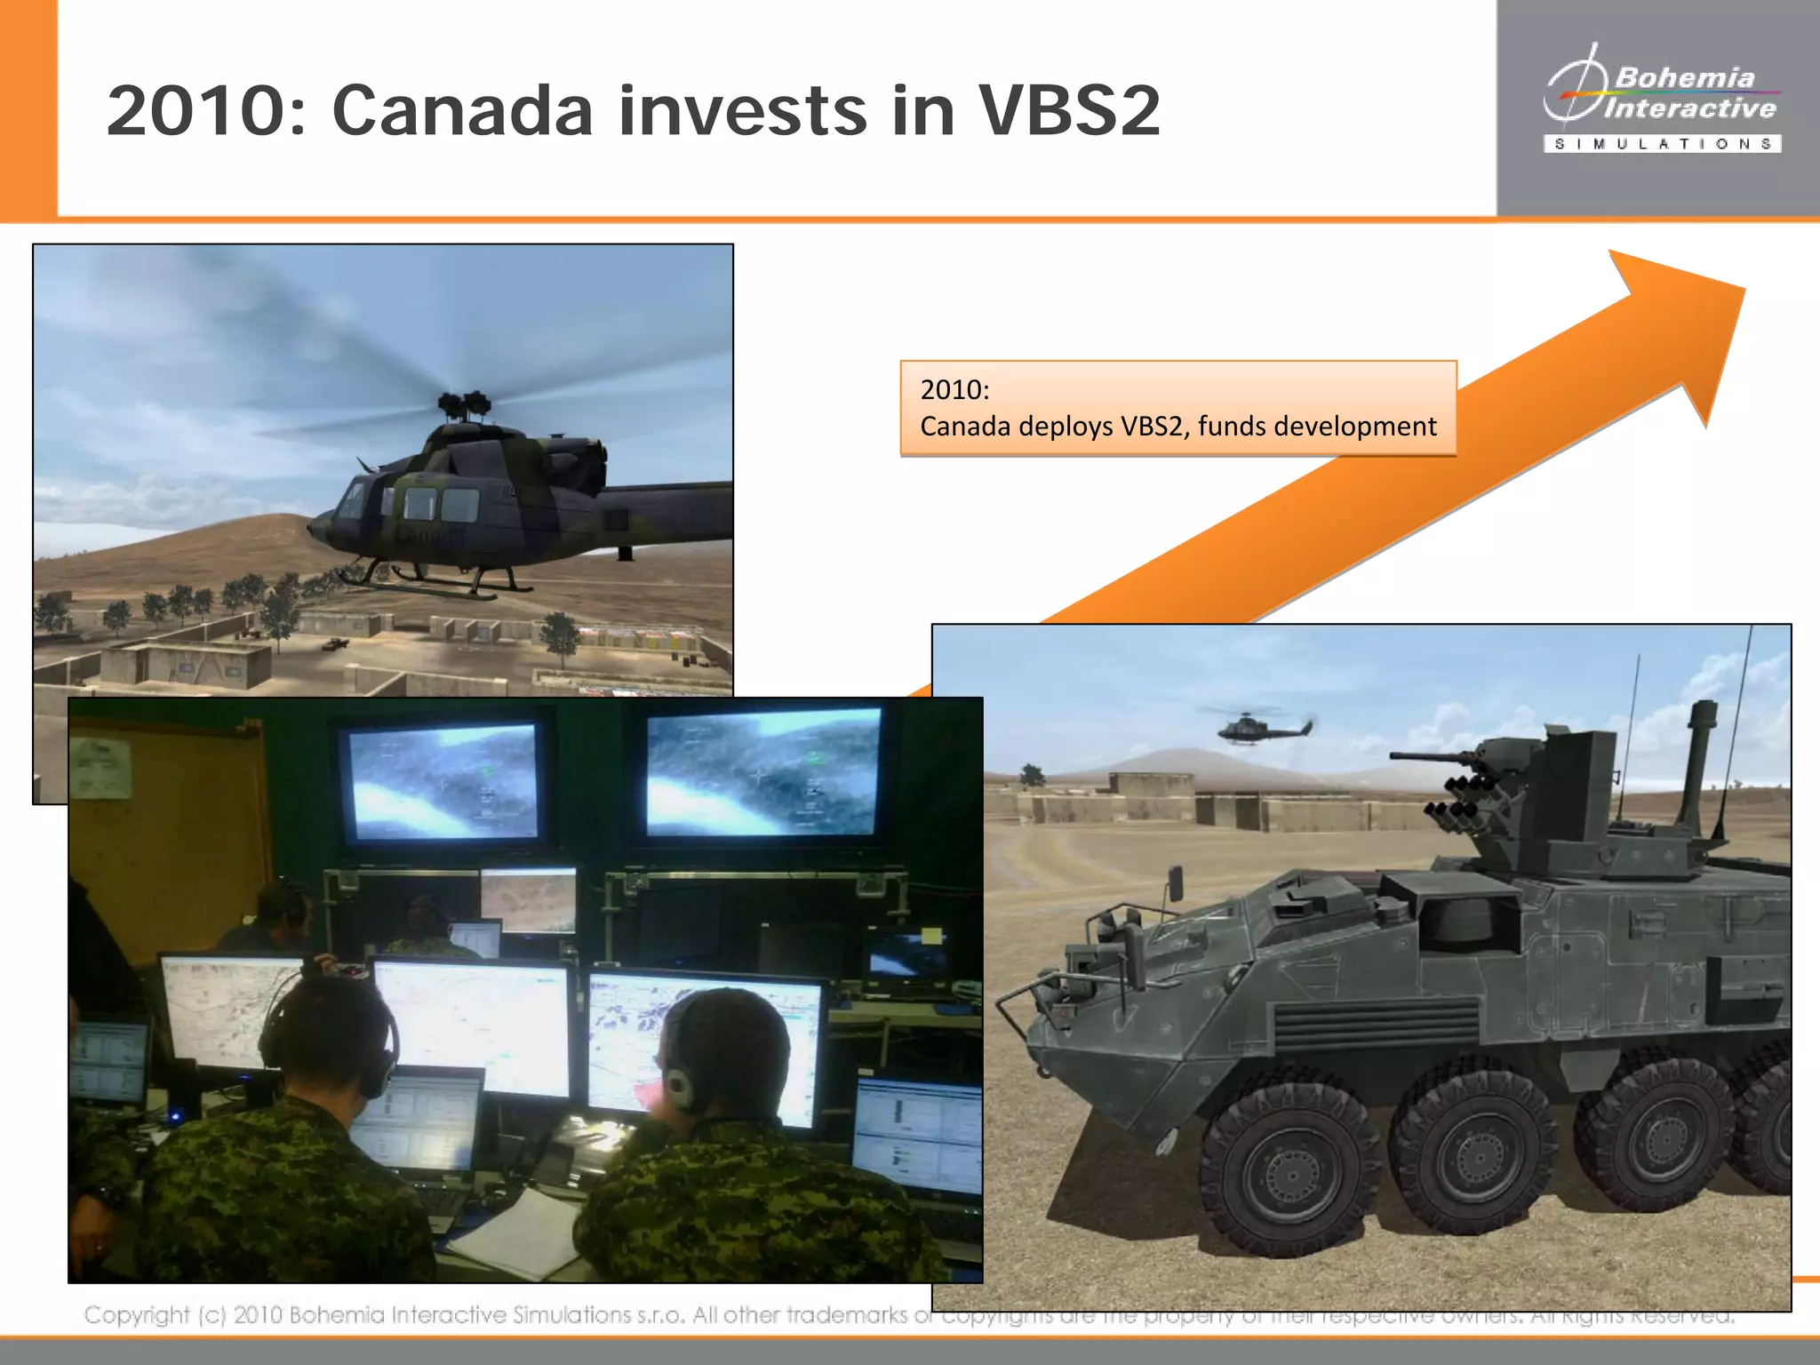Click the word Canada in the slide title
(462, 111)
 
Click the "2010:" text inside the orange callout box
(954, 389)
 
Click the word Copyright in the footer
(137, 1314)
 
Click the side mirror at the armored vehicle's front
(1174, 882)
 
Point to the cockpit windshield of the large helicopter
(352, 498)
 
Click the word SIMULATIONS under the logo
(1662, 144)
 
